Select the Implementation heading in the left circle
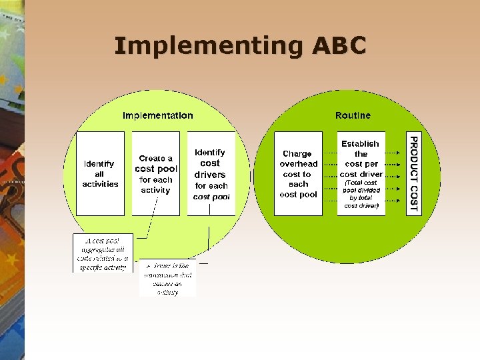(158, 115)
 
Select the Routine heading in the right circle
(353, 115)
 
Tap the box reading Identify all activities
(100, 173)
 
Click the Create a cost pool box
(155, 173)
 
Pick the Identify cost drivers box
(211, 173)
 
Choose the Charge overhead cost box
(298, 173)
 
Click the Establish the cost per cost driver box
(361, 173)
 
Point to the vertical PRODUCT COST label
(414, 173)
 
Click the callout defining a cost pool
(103, 253)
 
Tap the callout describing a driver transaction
(167, 278)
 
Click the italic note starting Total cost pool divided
(361, 194)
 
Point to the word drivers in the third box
(210, 175)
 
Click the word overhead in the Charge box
(299, 164)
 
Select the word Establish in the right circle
(360, 143)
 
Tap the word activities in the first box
(100, 184)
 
